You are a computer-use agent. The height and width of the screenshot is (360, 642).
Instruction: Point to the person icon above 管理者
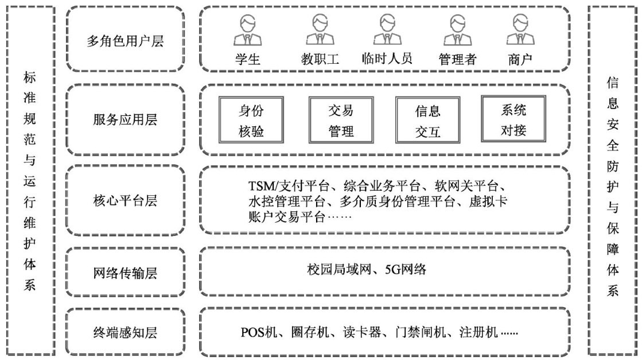pos(457,30)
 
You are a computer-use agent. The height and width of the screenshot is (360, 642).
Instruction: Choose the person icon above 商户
pos(520,30)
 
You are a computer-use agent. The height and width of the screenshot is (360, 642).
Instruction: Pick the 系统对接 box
pos(513,120)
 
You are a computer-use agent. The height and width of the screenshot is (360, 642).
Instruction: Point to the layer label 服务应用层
pos(124,120)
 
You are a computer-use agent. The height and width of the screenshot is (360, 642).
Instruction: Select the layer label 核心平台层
pos(124,200)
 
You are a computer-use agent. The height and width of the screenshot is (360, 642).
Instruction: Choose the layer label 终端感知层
pos(124,333)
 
